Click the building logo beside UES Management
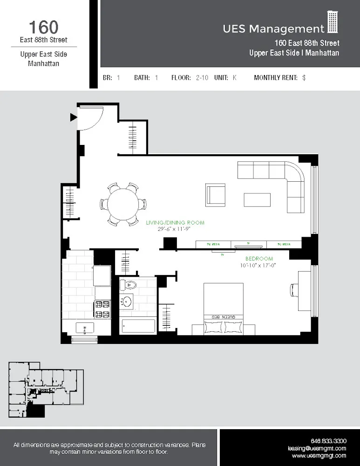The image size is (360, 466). [332, 23]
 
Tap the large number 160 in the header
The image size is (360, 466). [43, 27]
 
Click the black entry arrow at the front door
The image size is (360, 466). [73, 117]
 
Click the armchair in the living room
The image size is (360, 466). [216, 194]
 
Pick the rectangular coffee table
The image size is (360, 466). [257, 199]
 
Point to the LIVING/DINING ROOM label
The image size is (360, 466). [175, 223]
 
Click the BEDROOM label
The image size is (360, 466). [259, 259]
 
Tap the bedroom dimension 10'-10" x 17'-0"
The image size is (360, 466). [260, 266]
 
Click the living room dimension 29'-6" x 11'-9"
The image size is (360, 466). [175, 229]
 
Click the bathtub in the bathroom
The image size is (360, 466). [137, 326]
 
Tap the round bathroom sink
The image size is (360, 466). [126, 302]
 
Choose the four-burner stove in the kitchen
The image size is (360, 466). [102, 309]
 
